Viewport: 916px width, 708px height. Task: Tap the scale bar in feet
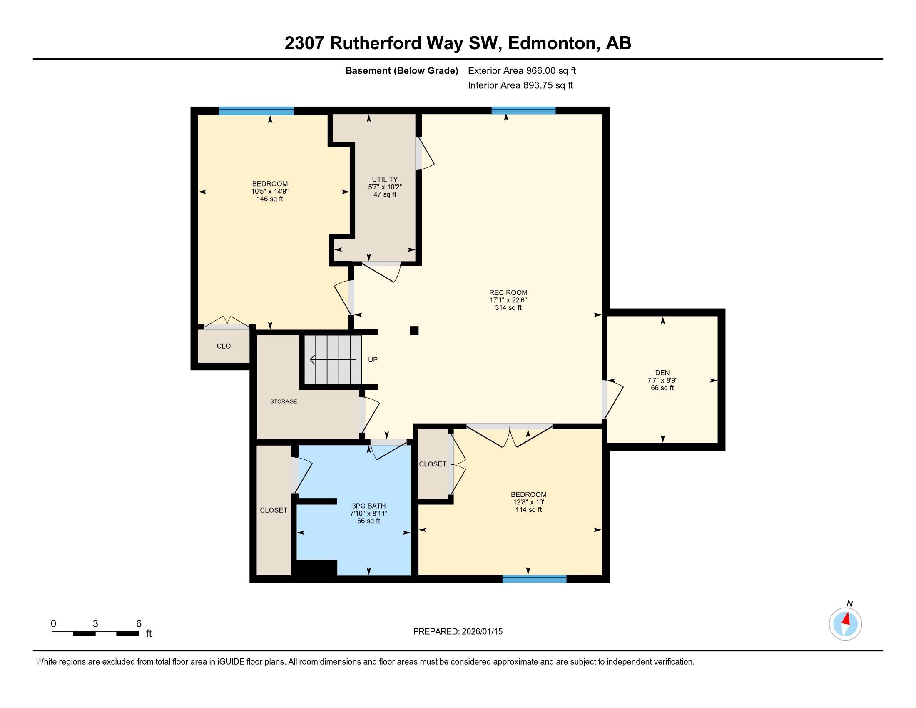click(x=95, y=633)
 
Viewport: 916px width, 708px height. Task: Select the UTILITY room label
click(x=385, y=179)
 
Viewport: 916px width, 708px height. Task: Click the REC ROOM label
click(x=508, y=292)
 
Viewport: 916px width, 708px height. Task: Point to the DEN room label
click(x=662, y=372)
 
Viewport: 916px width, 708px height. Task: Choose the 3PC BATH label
click(x=368, y=506)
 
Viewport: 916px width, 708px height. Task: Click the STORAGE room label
click(x=284, y=401)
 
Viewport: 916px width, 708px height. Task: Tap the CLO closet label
click(x=224, y=346)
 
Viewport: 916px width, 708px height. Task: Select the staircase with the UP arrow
click(x=333, y=360)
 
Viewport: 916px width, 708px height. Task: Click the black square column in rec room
click(x=414, y=331)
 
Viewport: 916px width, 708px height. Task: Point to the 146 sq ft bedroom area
click(x=270, y=199)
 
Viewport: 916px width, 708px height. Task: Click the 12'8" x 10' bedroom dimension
click(x=528, y=502)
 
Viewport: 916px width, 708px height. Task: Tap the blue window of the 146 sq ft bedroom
click(x=256, y=111)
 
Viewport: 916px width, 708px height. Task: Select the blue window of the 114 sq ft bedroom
click(x=534, y=579)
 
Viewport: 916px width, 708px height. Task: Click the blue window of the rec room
click(x=523, y=110)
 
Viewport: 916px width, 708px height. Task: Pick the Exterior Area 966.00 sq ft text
click(x=522, y=71)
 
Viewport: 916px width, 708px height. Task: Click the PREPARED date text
click(x=458, y=632)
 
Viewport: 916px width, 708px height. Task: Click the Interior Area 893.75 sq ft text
click(x=520, y=85)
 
